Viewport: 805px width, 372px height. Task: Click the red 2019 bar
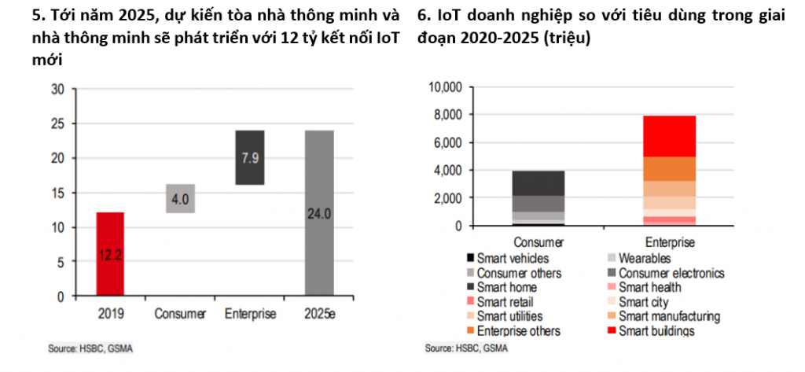[111, 254]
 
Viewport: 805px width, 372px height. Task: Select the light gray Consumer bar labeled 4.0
[180, 198]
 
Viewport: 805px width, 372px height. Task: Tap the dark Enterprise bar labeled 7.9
[249, 157]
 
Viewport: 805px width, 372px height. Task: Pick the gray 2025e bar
[318, 213]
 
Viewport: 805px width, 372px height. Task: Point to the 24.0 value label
[318, 213]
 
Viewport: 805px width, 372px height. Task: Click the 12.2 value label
[111, 255]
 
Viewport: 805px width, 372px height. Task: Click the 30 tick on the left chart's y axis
[57, 89]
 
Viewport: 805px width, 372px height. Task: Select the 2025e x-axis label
[318, 314]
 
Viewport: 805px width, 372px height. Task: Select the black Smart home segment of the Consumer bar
[539, 183]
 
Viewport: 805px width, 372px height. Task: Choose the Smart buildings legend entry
[656, 331]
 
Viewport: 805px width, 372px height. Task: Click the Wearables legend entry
[644, 258]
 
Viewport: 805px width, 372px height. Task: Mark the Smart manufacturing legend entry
[668, 316]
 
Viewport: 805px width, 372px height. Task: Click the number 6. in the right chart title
[422, 14]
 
